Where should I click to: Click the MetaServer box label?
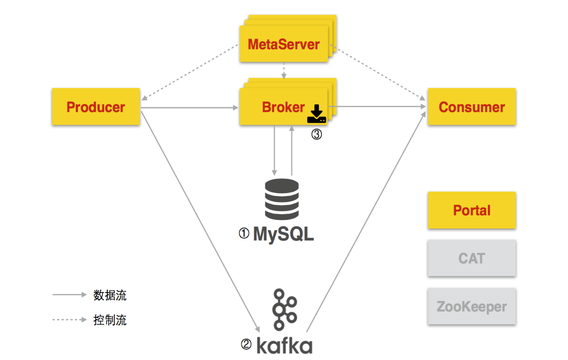pos(284,44)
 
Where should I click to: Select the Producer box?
pos(96,107)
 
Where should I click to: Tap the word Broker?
pos(283,107)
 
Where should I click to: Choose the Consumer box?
pos(471,107)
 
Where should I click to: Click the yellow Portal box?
pos(471,210)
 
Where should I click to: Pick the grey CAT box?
pos(471,258)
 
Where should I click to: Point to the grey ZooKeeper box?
pos(471,306)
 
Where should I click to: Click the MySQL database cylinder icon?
pos(282,199)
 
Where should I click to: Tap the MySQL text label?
pos(283,234)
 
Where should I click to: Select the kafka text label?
pos(284,345)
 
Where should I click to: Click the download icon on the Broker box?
pos(316,114)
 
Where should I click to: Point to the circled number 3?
pos(316,135)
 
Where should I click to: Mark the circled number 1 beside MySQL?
pos(244,234)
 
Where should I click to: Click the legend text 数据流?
pos(110,295)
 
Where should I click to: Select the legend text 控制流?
pos(110,320)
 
